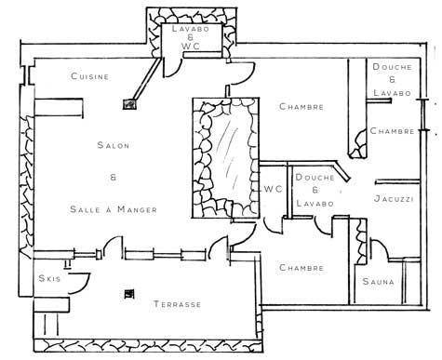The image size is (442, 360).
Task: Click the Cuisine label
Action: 90,76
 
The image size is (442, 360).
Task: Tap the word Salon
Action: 114,145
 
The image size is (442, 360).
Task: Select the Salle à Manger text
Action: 114,209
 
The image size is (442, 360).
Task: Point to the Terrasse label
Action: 178,304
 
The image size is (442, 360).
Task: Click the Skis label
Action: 49,278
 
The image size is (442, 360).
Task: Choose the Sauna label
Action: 379,282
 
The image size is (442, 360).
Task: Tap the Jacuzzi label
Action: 394,198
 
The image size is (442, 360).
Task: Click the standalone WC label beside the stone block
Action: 274,189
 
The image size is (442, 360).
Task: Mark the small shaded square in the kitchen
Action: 130,104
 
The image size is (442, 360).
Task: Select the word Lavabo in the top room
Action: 191,29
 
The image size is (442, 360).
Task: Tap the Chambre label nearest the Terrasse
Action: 301,268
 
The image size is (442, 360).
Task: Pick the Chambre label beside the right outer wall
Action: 393,131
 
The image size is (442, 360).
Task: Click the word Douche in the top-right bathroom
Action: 393,67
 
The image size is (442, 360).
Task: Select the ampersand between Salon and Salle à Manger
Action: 114,178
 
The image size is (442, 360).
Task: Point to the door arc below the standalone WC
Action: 273,225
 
